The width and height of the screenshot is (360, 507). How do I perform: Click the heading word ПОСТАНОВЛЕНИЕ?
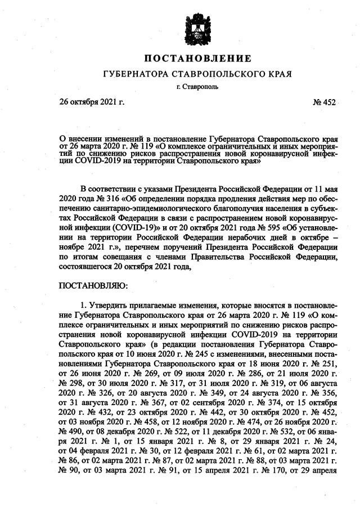197,59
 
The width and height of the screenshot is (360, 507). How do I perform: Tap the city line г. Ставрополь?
197,87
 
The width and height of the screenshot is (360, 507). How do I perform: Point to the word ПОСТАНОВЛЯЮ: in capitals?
93,286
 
